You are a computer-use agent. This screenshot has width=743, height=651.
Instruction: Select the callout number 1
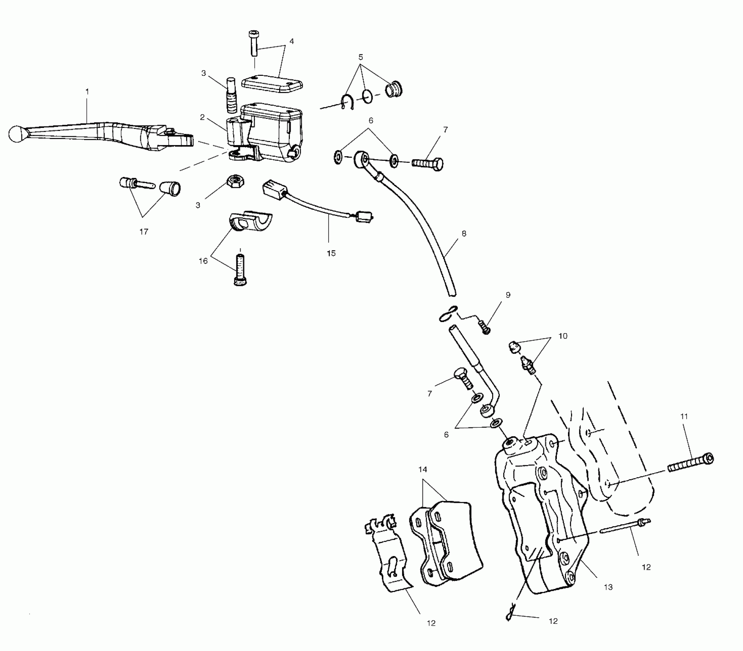coord(87,92)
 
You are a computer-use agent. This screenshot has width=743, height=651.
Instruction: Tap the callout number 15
coord(331,253)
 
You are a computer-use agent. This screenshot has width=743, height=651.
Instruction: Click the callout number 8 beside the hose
coord(464,234)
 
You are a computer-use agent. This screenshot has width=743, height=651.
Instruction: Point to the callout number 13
coord(608,587)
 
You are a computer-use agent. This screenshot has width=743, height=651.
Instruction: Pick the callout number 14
coord(422,469)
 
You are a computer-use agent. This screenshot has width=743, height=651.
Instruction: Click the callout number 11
coord(684,416)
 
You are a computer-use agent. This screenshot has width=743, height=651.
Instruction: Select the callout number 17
coord(144,232)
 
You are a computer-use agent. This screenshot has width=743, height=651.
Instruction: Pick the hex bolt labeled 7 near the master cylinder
coord(427,163)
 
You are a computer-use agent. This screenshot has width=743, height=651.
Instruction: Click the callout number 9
coord(508,295)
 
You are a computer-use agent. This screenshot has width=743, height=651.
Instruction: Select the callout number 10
coord(563,336)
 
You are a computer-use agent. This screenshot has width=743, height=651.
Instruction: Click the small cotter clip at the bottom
coord(511,617)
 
